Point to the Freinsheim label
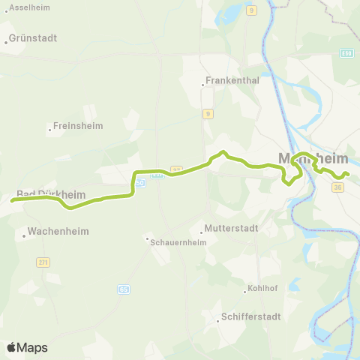pos(79,126)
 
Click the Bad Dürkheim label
pos(50,193)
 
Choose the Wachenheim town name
pos(57,232)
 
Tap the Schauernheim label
pos(179,242)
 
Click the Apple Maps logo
pos(27,347)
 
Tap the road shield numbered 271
pos(43,262)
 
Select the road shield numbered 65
pos(123,288)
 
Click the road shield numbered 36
pos(338,187)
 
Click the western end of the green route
pos(12,200)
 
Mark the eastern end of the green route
pos(349,176)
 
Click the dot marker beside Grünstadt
pos(6,43)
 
